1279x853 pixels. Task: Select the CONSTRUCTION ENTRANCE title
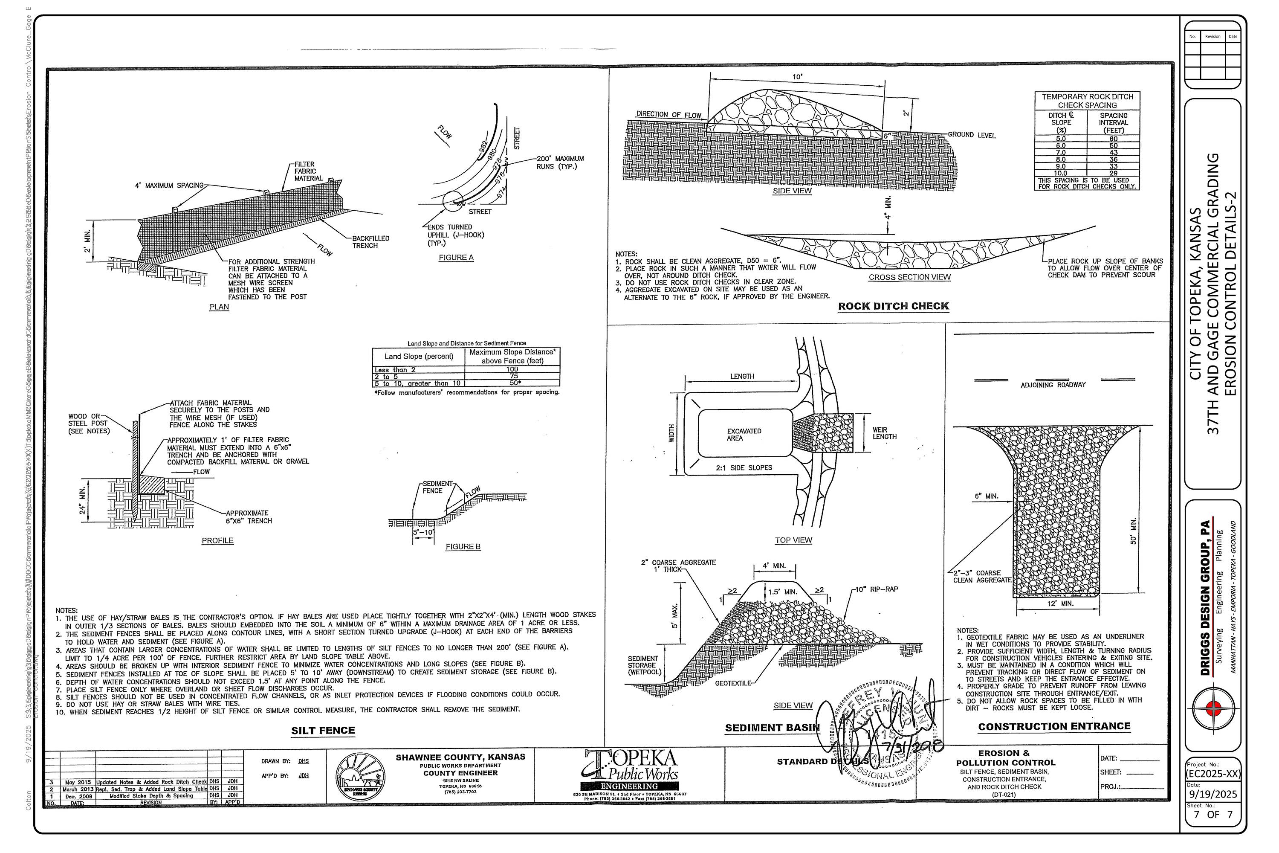coord(1054,726)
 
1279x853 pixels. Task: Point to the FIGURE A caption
coord(456,257)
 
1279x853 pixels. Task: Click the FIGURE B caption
coord(463,546)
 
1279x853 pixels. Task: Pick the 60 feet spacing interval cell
coord(1113,139)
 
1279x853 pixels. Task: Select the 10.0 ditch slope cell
coord(1060,173)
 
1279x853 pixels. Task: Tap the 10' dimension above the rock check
coord(797,77)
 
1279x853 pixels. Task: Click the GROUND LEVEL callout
coord(971,135)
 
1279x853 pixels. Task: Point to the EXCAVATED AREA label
coord(744,434)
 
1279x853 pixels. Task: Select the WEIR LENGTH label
coord(884,433)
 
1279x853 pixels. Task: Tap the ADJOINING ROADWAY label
coord(1053,385)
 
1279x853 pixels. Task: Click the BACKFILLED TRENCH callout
coord(370,241)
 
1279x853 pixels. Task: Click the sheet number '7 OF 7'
coord(1213,814)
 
